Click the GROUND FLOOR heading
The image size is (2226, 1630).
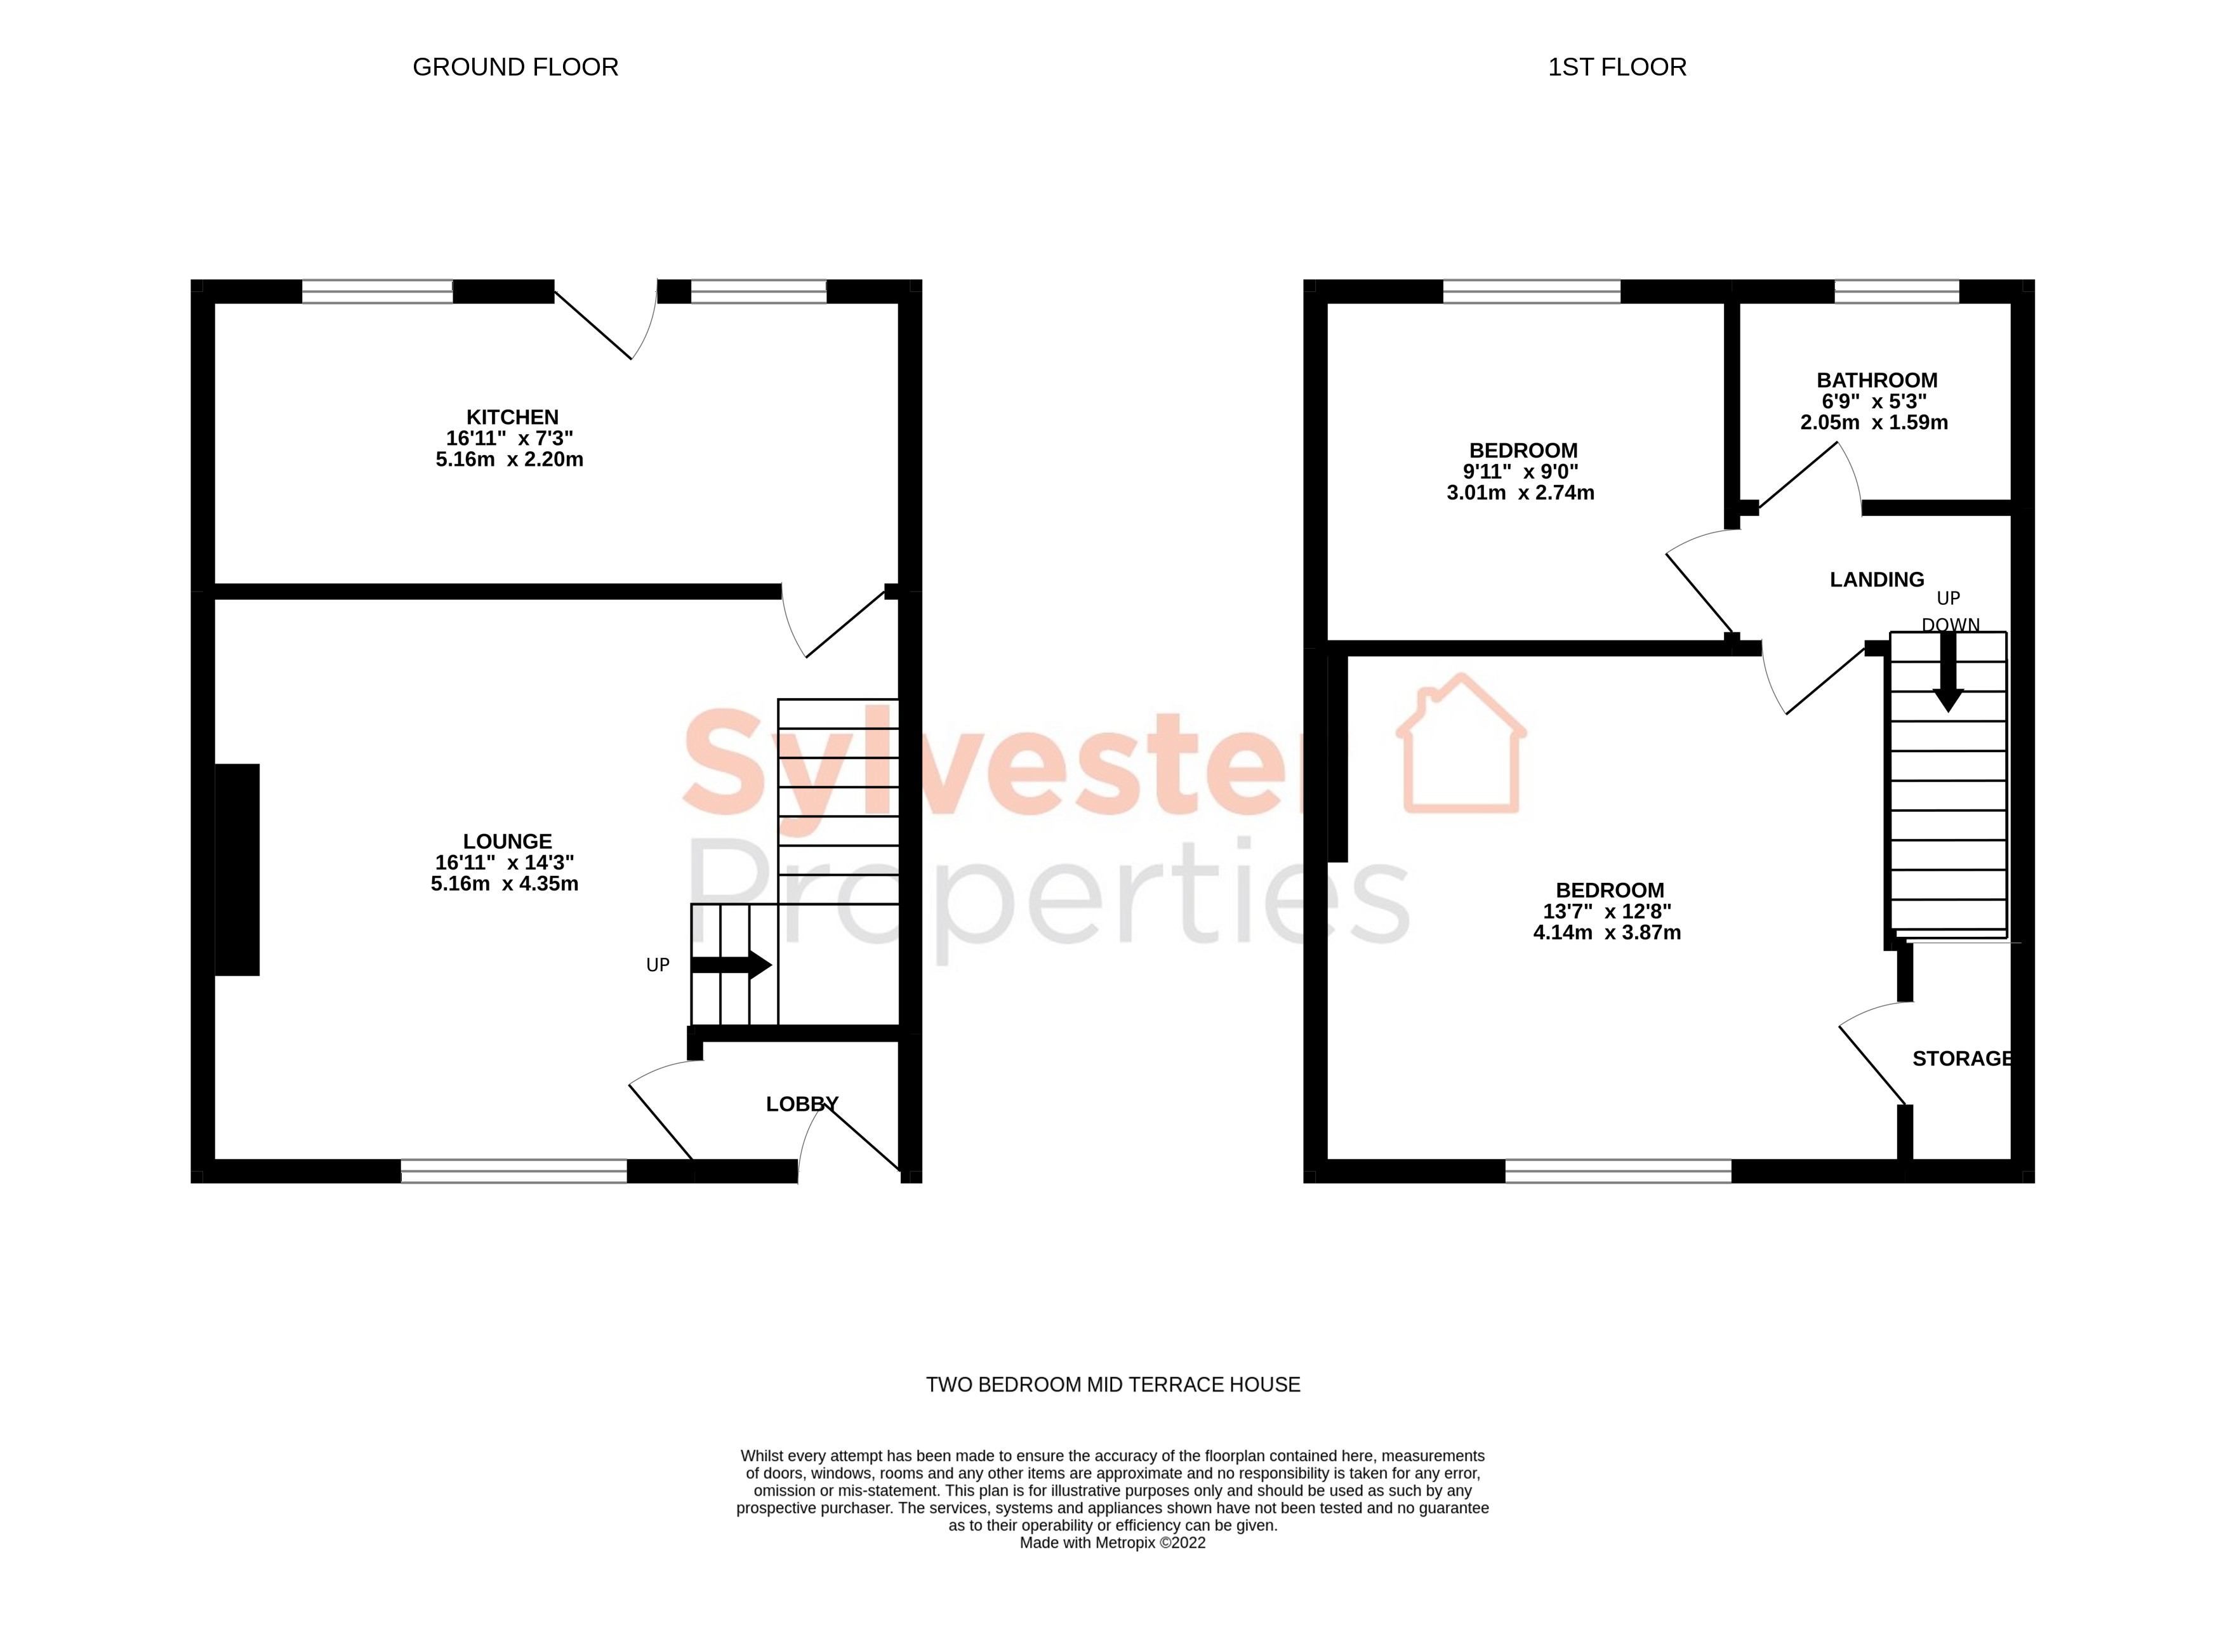click(515, 67)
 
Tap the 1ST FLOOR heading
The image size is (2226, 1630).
click(1616, 67)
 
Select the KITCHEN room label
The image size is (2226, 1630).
click(512, 418)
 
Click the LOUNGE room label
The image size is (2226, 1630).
click(507, 842)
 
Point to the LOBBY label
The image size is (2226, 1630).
click(801, 1104)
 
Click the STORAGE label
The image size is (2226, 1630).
click(1961, 1059)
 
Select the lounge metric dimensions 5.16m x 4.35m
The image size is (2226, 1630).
click(504, 884)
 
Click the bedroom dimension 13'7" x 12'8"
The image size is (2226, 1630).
click(1607, 911)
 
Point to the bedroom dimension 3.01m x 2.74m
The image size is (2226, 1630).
click(1520, 493)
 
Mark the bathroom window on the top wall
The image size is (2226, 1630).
click(1895, 291)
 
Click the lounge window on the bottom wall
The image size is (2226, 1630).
click(513, 1171)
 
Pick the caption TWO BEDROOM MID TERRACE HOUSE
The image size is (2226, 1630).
click(1112, 1384)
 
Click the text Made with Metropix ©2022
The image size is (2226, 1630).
click(1112, 1543)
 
